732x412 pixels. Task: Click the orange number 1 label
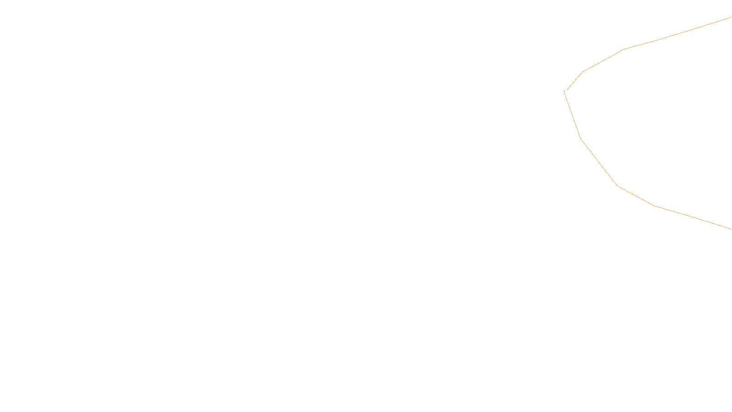point(564,92)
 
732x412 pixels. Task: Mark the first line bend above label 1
point(582,72)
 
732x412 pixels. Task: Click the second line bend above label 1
point(625,49)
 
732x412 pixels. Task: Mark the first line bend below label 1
point(581,139)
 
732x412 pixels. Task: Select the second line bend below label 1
point(617,185)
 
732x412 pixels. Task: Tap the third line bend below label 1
point(655,206)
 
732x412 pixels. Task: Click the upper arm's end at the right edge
point(731,17)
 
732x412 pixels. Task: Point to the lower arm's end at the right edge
point(731,228)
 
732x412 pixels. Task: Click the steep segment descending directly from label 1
point(573,117)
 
